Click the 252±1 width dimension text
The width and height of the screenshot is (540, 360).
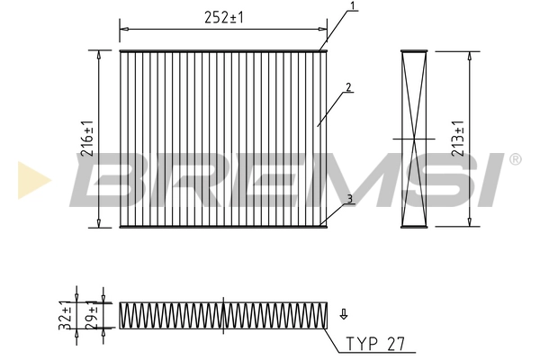(x=223, y=17)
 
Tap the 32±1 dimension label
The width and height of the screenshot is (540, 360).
(x=65, y=318)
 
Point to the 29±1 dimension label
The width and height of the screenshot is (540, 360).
(x=91, y=318)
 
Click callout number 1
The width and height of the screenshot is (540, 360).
(x=354, y=6)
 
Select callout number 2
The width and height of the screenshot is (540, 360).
(x=346, y=87)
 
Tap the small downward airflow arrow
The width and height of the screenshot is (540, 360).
(x=344, y=315)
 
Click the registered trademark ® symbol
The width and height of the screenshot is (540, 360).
(x=515, y=160)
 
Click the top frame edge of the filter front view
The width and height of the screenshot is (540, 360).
(x=221, y=51)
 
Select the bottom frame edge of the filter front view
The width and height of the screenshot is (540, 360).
(x=221, y=225)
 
